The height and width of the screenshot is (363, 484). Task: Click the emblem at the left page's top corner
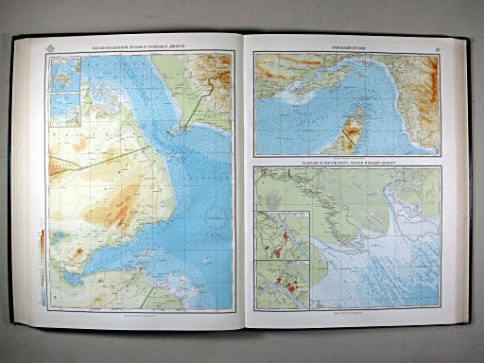45,43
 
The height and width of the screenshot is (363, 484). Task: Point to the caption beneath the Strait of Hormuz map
346,156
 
